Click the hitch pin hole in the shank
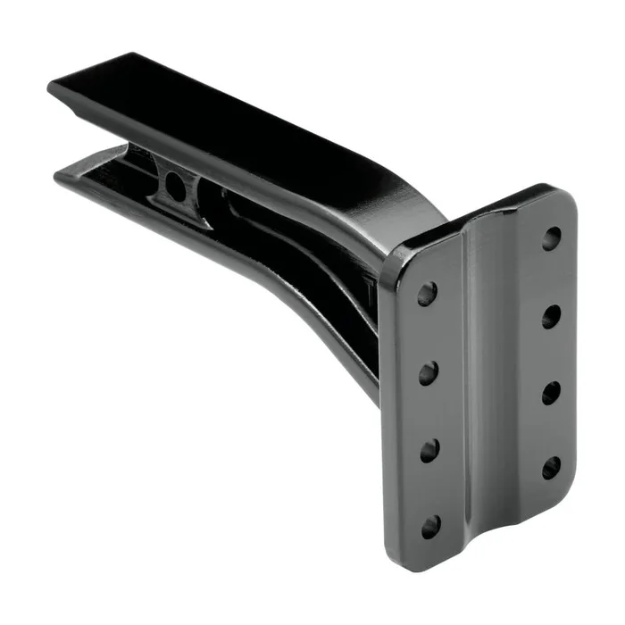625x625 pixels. point(176,186)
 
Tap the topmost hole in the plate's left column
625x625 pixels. point(429,293)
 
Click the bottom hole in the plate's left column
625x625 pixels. point(430,526)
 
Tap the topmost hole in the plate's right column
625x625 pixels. point(552,237)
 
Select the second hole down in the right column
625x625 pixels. point(552,315)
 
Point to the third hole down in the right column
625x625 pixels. point(552,392)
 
